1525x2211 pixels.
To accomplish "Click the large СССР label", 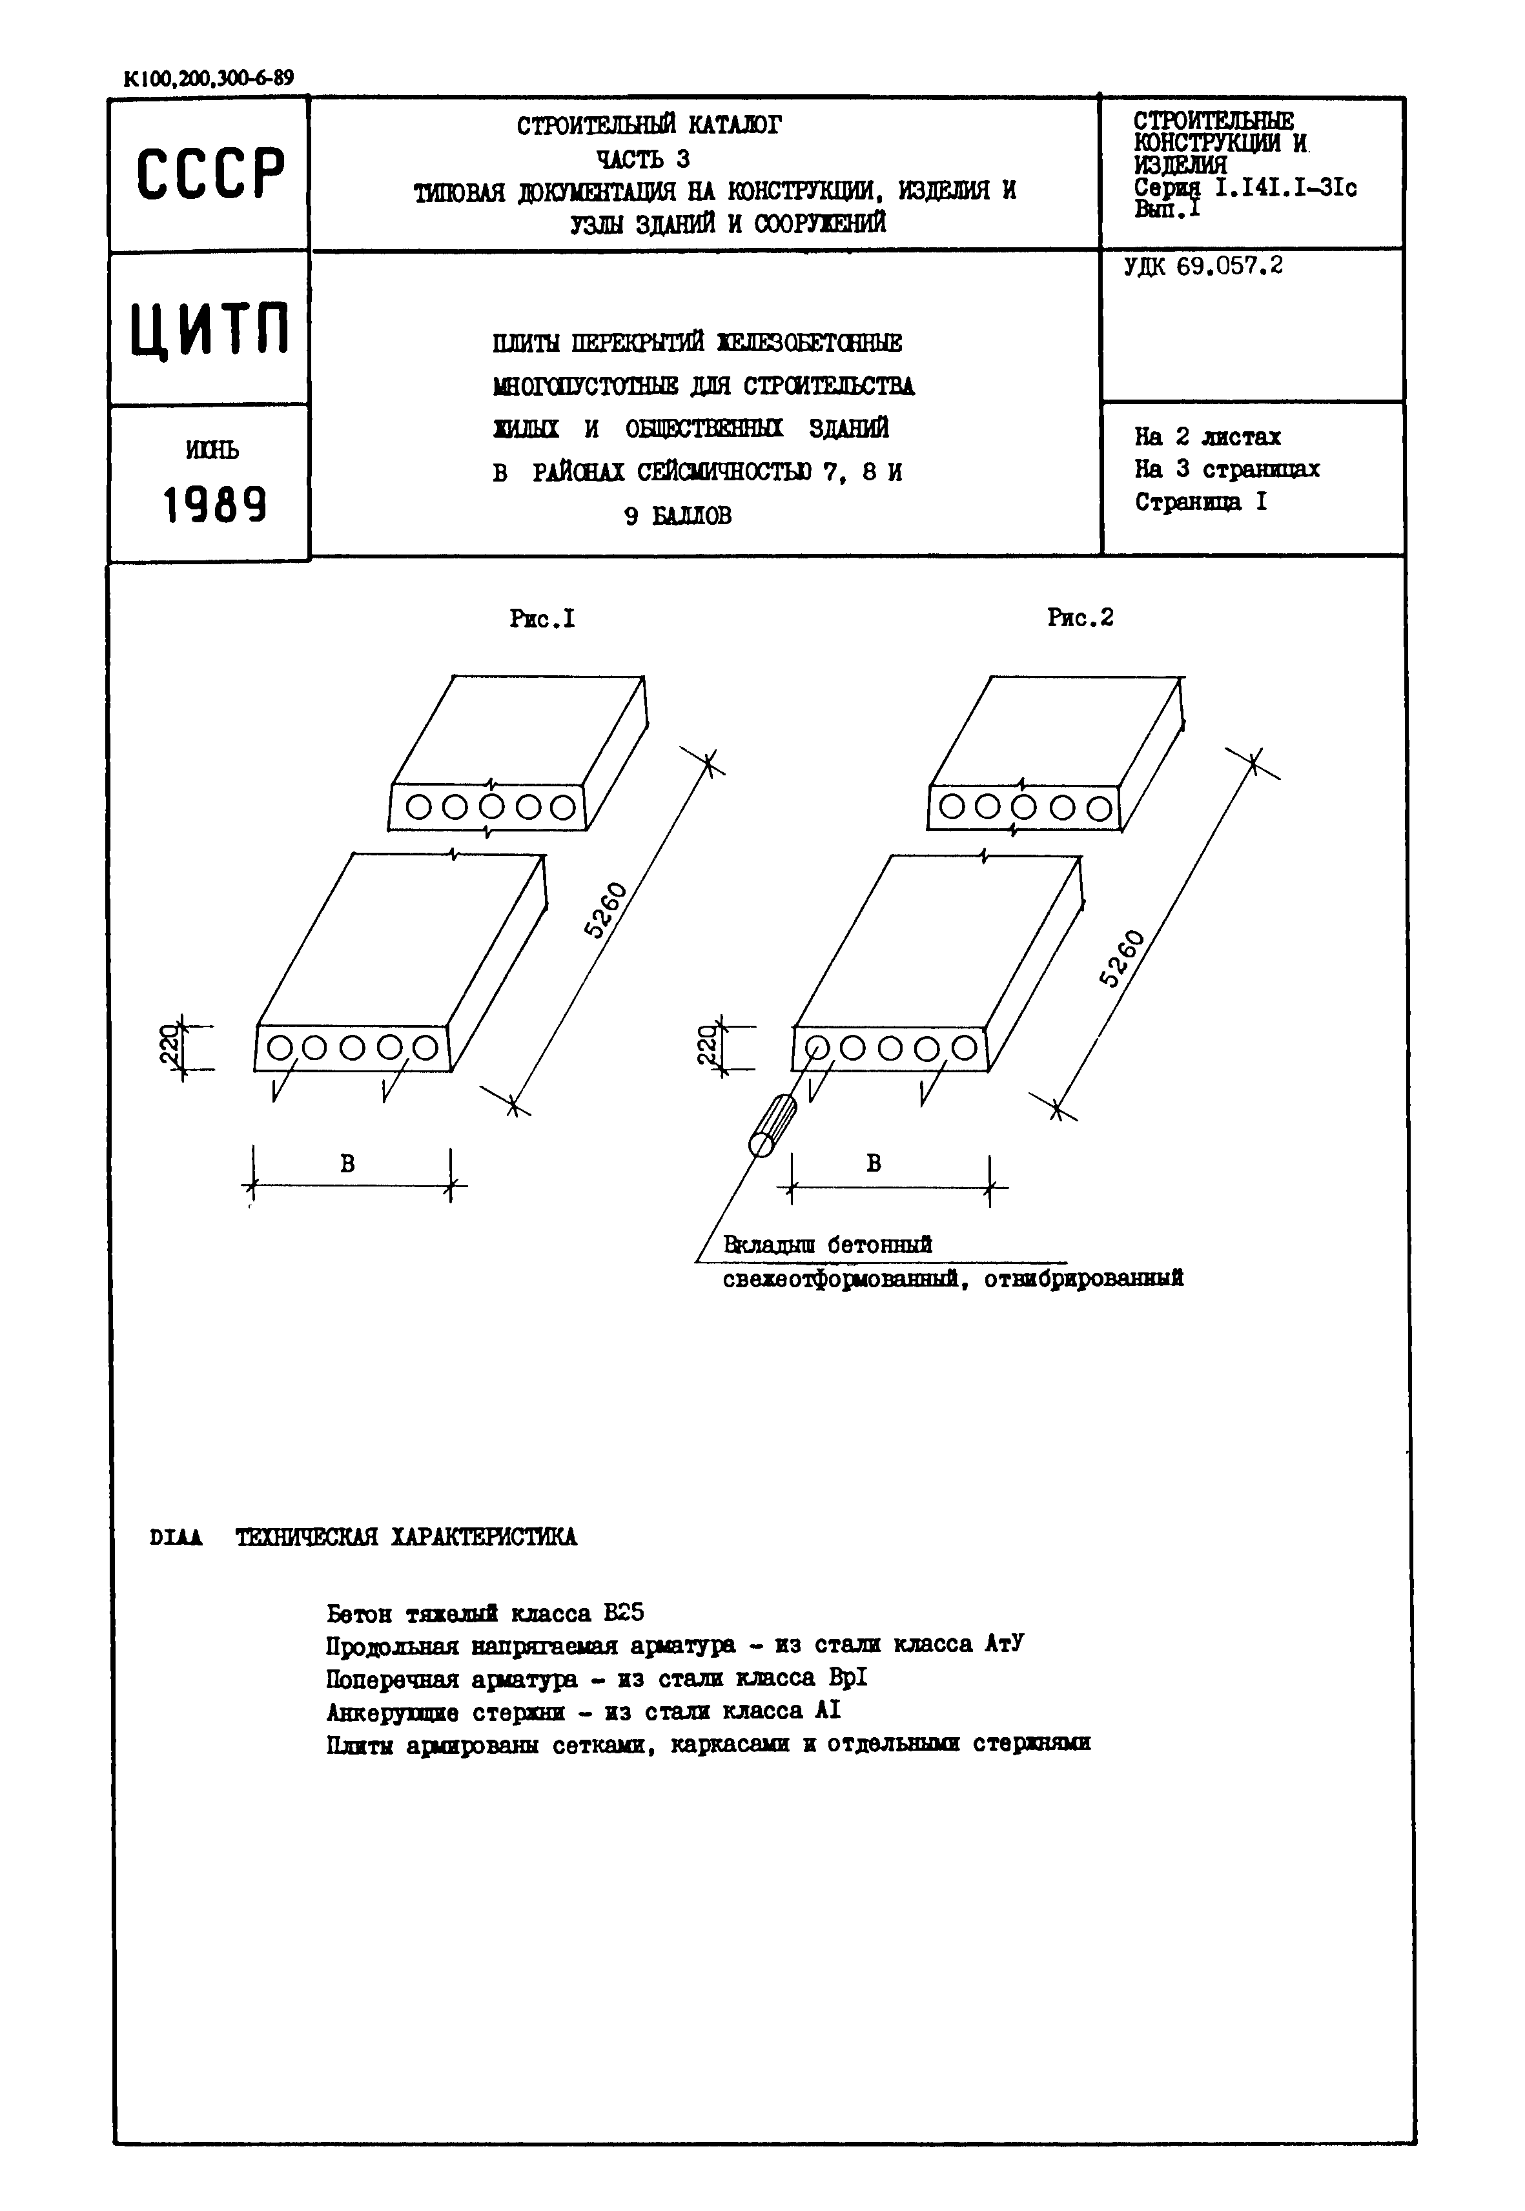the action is (x=210, y=175).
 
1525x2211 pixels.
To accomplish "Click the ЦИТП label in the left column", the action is (x=210, y=328).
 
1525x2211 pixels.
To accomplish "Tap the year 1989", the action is (x=214, y=505).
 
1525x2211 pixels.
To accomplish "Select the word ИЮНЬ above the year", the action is (x=212, y=449).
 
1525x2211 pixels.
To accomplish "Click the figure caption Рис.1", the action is (x=542, y=619).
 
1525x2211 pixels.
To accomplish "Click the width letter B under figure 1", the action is (x=348, y=1163).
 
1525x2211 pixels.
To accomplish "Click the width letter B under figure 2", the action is (x=874, y=1163).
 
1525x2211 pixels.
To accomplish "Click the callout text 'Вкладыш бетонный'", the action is (x=828, y=1245).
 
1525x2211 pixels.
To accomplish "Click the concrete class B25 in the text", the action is (x=624, y=1613).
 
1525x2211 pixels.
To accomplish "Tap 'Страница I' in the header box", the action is (x=1200, y=502).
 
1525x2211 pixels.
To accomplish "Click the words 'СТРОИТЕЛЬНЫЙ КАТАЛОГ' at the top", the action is (x=649, y=125).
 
